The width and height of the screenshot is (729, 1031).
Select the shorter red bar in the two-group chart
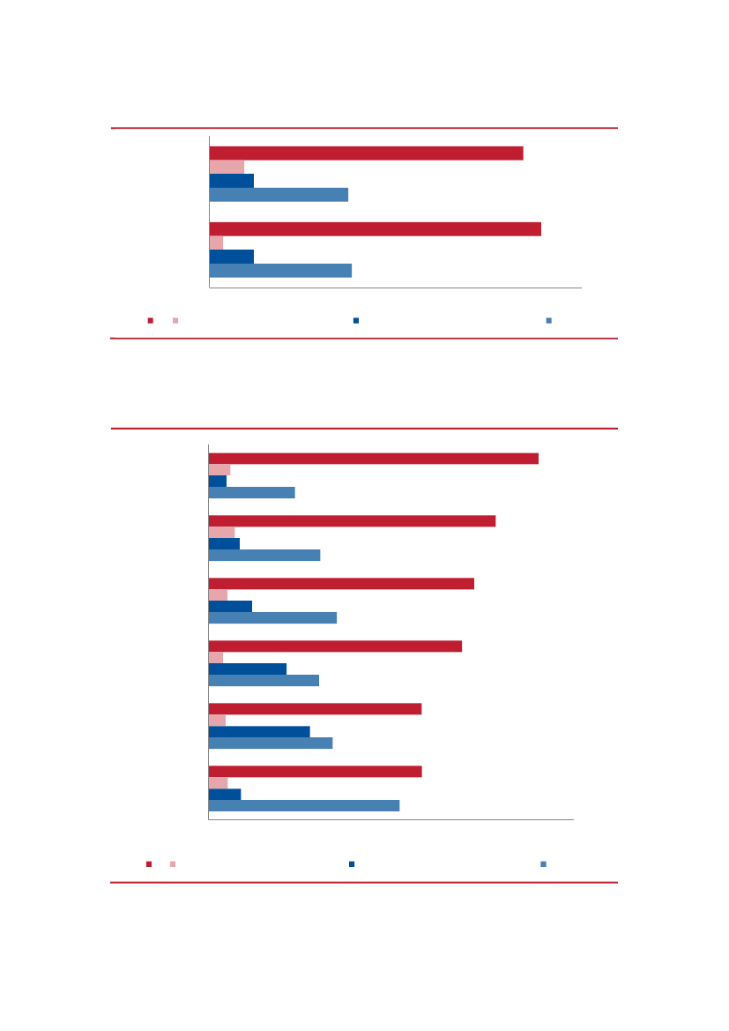pos(366,153)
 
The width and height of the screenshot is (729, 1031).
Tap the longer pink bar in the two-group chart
pos(227,168)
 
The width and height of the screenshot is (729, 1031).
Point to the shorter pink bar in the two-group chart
pos(216,243)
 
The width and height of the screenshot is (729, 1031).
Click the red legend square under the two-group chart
pos(151,320)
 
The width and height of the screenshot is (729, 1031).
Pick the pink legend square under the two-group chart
pos(175,320)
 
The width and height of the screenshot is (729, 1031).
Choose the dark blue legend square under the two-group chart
pos(356,320)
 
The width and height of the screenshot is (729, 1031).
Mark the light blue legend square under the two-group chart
pos(549,320)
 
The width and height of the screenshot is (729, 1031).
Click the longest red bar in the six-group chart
pos(373,459)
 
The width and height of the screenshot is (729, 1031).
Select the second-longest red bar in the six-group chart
pos(352,521)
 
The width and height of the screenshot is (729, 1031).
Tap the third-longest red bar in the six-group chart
pos(341,584)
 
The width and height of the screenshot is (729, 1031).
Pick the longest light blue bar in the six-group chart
pos(303,805)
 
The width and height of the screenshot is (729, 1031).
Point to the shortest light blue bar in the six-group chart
pos(251,492)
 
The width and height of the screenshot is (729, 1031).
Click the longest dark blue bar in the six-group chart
pos(259,731)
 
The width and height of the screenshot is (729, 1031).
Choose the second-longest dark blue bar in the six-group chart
pos(247,669)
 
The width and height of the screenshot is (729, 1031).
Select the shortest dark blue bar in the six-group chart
pos(217,482)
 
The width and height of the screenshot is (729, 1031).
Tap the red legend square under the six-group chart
pos(149,864)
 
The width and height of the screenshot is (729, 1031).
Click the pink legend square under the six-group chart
pos(173,864)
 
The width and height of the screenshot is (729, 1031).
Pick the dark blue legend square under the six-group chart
pos(352,864)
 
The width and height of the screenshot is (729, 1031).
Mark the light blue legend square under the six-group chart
pos(544,864)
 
